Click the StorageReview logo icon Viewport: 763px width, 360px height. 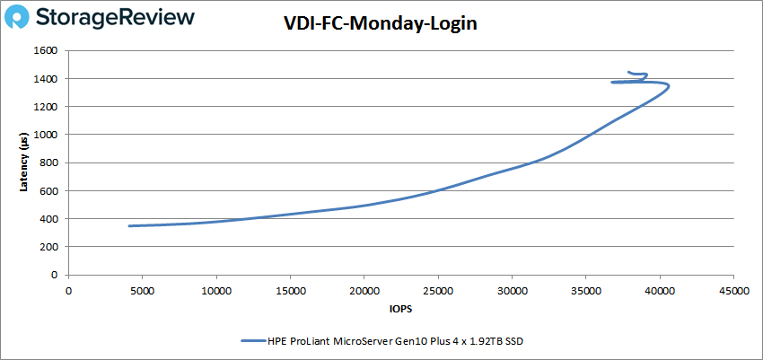tap(19, 17)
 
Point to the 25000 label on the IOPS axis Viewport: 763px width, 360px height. tap(439, 290)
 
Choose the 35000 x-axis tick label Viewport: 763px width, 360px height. tap(586, 290)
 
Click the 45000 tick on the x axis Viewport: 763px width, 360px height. tap(734, 290)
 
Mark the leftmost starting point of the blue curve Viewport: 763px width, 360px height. tap(129, 225)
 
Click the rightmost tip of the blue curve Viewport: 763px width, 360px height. tap(669, 87)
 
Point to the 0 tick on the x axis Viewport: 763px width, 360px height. tap(69, 290)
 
